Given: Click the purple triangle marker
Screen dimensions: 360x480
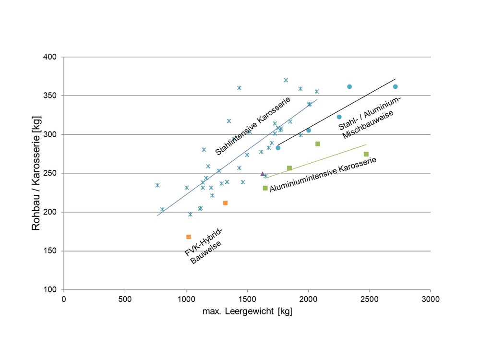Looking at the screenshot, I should [263, 174].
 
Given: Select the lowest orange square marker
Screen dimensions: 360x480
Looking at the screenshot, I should [189, 237].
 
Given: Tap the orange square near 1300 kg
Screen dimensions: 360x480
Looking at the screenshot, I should [225, 203].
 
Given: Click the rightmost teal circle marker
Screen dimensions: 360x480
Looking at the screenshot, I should [395, 87].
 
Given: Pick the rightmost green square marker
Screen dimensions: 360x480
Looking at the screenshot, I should [366, 154].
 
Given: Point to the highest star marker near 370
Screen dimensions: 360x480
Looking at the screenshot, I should [286, 80].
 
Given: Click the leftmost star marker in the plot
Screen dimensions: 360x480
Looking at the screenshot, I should [157, 185].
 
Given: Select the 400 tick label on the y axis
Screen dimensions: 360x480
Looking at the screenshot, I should [50, 57].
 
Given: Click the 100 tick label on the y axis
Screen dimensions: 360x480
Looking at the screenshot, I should [50, 290].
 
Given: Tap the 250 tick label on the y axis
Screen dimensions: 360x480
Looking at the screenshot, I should [50, 173].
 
